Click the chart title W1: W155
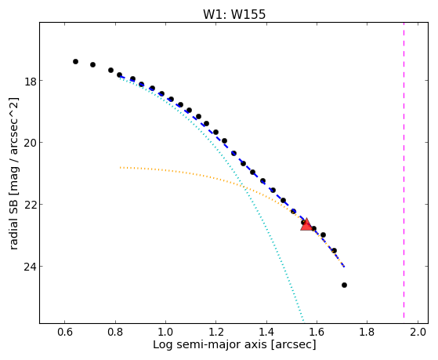click(234, 14)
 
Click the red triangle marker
click(306, 224)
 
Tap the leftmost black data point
click(75, 61)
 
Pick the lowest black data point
click(344, 285)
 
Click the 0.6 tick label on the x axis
click(64, 332)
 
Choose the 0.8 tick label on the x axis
click(115, 332)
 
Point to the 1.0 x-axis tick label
click(165, 332)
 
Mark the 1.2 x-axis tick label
click(216, 332)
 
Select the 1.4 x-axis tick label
click(266, 332)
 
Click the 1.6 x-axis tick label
click(317, 332)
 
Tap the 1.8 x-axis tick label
click(367, 332)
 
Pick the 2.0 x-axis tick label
click(418, 332)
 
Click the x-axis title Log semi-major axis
click(210, 344)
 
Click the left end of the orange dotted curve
click(121, 168)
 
